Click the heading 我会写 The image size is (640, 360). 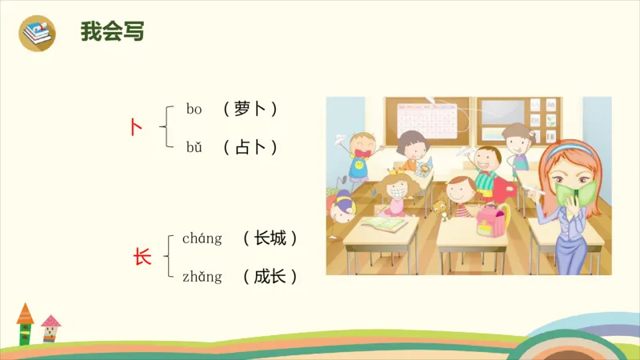tap(112, 32)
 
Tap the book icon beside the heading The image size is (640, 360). tap(37, 33)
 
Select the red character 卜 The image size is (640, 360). tap(137, 126)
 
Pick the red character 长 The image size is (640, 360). tap(142, 258)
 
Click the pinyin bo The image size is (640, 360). tap(194, 109)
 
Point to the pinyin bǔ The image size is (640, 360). tap(194, 147)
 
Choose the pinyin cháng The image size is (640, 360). tap(202, 238)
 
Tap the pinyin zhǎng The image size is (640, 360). tap(202, 277)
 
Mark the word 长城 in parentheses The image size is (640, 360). tap(270, 238)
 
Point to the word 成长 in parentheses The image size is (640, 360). tap(270, 277)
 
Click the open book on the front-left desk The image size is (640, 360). tap(383, 225)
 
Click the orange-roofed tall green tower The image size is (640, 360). tap(25, 323)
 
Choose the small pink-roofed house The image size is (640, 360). tap(50, 328)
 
